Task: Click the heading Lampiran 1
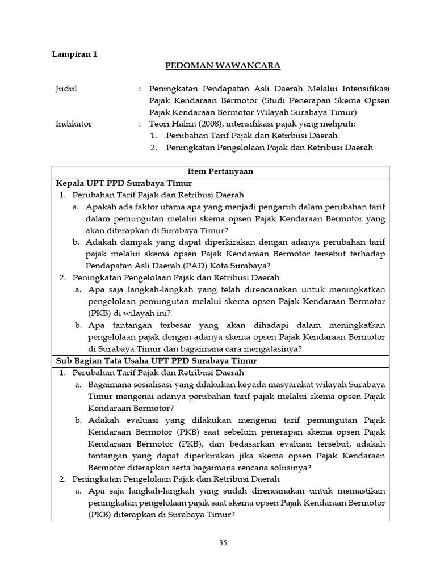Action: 74,54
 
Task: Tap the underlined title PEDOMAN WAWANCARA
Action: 223,66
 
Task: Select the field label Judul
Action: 66,89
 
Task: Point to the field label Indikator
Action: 73,124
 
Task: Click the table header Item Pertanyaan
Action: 220,171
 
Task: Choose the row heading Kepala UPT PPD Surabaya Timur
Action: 124,183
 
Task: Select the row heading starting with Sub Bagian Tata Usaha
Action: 156,360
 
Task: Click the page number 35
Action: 223,542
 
